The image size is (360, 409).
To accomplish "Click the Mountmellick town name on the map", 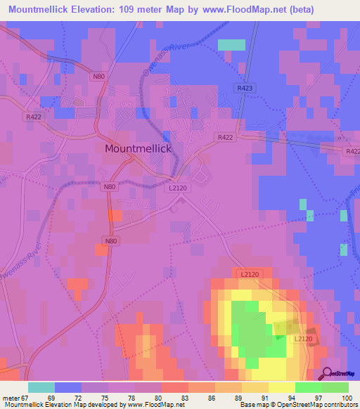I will click(138, 149).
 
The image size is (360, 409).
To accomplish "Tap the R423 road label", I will click(245, 89).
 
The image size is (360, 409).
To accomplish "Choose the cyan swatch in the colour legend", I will click(41, 387).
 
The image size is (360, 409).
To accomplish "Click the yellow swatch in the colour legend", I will click(282, 387).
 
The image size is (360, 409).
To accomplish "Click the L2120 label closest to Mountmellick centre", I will click(177, 189).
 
